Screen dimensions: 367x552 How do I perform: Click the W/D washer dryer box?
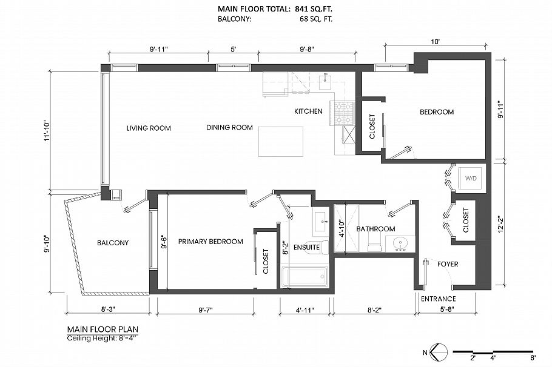click(x=471, y=179)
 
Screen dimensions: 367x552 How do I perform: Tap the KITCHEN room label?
click(x=308, y=111)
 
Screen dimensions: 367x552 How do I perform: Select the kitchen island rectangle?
click(x=280, y=141)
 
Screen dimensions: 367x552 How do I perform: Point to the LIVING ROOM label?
click(x=149, y=128)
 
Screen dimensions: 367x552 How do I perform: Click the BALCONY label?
click(x=113, y=243)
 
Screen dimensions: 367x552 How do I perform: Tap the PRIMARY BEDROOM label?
click(x=210, y=241)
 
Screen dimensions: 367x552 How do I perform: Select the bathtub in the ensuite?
click(x=305, y=277)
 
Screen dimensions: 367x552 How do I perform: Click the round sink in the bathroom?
click(x=400, y=244)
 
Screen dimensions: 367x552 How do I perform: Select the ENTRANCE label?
click(x=438, y=299)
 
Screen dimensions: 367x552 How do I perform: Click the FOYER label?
click(x=448, y=264)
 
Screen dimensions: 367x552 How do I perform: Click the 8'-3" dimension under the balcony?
click(x=108, y=309)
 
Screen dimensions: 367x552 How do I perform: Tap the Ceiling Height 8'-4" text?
click(x=103, y=338)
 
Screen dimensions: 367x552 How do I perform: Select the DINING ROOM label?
click(x=229, y=127)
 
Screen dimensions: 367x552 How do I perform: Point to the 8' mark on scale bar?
click(x=533, y=357)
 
